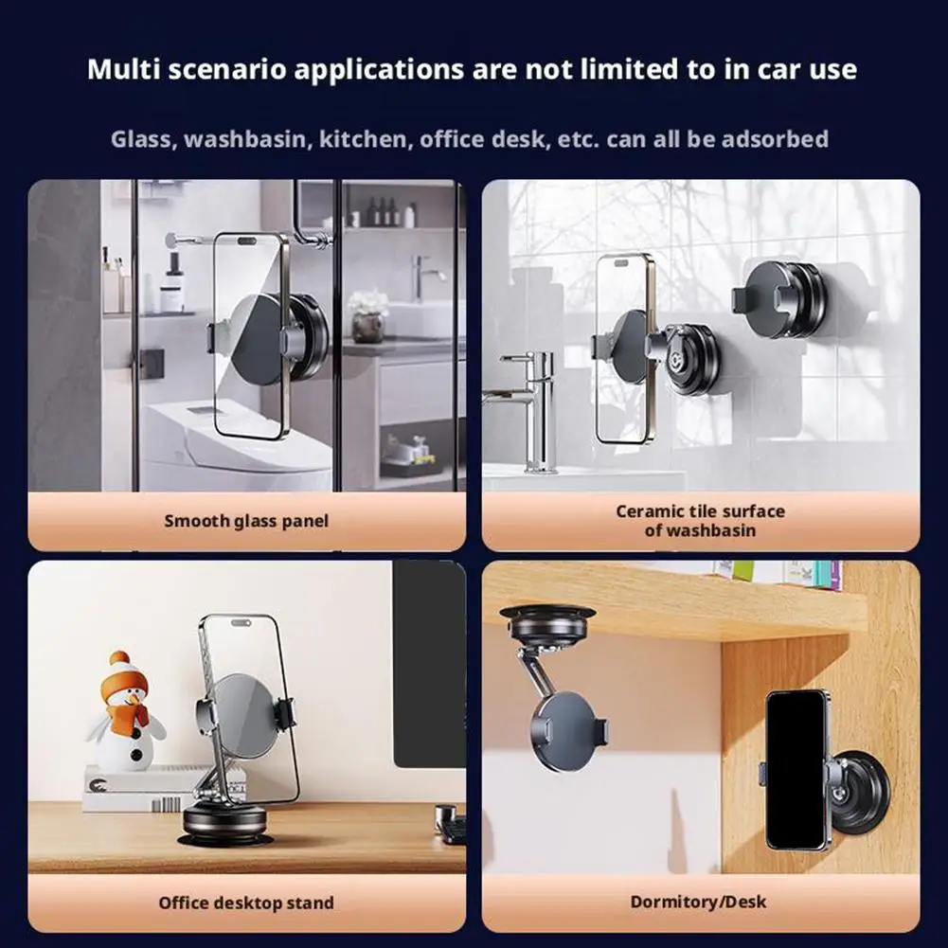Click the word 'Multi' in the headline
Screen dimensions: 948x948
[x=123, y=69]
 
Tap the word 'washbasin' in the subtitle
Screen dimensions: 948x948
[x=245, y=139]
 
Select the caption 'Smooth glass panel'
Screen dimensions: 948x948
[x=246, y=521]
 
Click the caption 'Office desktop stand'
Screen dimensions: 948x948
[x=246, y=903]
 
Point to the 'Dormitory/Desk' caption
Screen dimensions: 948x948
[x=698, y=902]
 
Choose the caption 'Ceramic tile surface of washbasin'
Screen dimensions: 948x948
[x=700, y=521]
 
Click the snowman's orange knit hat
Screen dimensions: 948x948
[x=123, y=674]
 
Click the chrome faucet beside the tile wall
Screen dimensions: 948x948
[x=526, y=408]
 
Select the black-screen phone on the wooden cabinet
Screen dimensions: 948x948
[x=796, y=770]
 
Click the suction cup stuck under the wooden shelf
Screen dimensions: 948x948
[x=547, y=625]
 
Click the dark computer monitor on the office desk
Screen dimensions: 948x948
[x=429, y=663]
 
